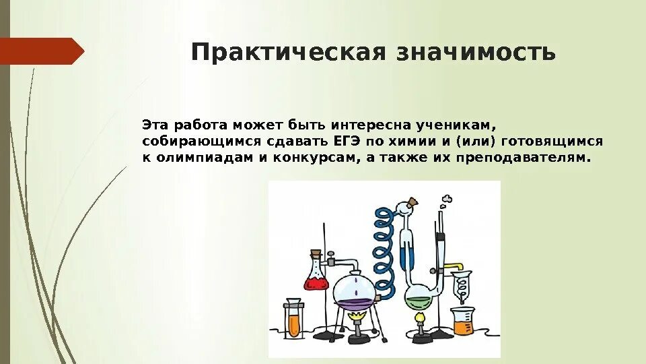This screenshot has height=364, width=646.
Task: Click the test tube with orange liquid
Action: [293, 320]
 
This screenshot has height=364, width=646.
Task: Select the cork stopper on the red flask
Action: [316, 254]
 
